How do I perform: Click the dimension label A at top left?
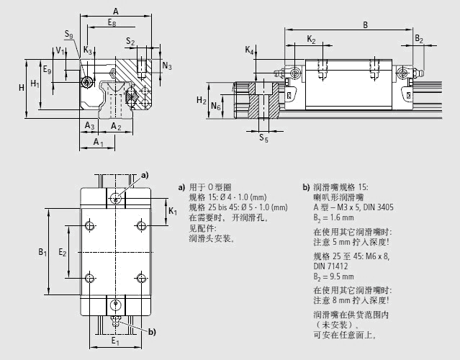click(117, 11)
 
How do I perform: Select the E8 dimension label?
click(112, 23)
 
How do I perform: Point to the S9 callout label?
click(68, 35)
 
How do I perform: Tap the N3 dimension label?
click(167, 66)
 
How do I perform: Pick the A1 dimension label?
click(99, 143)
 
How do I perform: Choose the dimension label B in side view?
click(366, 24)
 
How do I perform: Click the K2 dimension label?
click(311, 39)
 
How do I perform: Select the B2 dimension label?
click(419, 39)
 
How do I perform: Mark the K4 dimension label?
click(249, 50)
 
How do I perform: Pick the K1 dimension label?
click(173, 211)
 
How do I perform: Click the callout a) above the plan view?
click(145, 175)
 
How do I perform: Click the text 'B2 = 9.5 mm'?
click(334, 276)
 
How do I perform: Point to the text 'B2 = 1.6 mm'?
click(333, 217)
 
